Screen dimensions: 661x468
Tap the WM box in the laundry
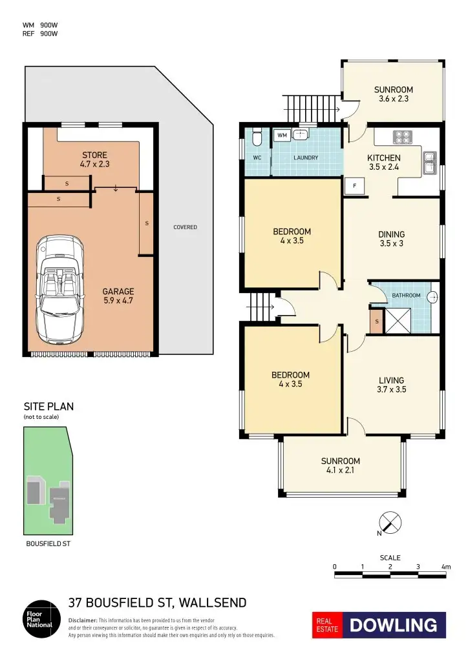click(x=282, y=136)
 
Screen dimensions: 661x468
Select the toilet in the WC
click(x=257, y=137)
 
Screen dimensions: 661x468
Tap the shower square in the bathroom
click(x=396, y=321)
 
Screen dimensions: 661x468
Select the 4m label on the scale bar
click(x=445, y=567)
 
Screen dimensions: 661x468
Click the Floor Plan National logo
click(x=40, y=620)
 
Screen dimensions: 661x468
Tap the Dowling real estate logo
click(x=379, y=625)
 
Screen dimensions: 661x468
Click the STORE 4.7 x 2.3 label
click(x=94, y=159)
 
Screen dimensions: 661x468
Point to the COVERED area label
click(x=185, y=227)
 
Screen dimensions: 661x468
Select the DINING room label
click(x=391, y=239)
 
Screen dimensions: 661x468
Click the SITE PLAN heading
click(x=48, y=407)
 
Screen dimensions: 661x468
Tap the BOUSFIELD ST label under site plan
click(x=48, y=544)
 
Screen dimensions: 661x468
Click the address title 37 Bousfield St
click(x=157, y=603)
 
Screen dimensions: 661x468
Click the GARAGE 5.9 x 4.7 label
click(x=118, y=296)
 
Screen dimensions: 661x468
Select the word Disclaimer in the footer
click(x=82, y=620)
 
